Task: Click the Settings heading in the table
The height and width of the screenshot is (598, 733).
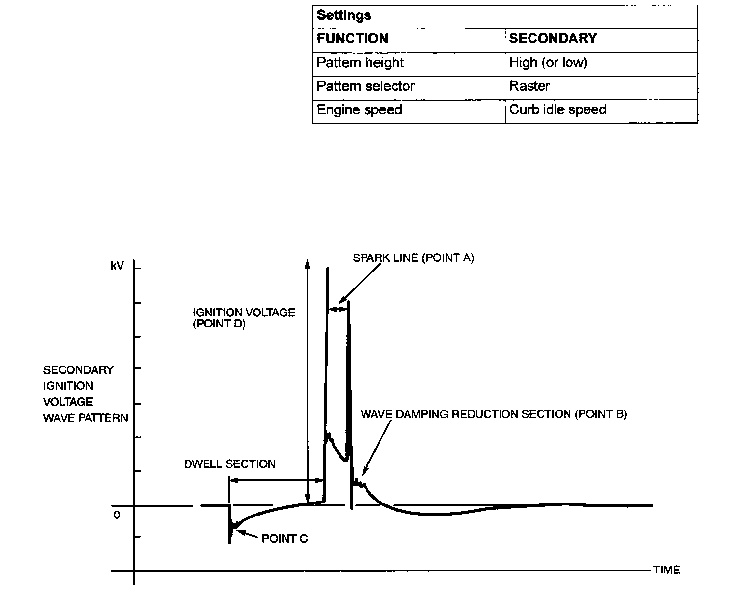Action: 344,15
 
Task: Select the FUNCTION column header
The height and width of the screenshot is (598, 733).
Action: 352,39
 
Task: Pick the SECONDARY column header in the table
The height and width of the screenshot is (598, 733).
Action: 553,39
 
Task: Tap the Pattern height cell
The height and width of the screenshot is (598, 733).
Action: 360,63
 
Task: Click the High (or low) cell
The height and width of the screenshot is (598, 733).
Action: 548,63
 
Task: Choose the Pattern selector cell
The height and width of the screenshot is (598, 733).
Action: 365,86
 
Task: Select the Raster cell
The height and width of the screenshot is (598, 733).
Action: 529,86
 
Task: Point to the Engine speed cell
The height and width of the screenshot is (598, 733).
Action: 359,110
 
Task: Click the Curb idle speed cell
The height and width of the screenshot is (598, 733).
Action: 557,110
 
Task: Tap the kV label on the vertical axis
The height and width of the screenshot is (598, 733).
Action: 117,266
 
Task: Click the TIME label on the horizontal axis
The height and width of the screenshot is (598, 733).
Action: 666,570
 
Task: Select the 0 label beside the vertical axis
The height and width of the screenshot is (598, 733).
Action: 117,515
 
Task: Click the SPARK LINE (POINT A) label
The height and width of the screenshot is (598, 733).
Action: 413,258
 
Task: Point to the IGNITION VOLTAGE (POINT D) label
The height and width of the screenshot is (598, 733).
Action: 244,318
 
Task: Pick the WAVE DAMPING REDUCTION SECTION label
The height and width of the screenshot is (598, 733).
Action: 493,414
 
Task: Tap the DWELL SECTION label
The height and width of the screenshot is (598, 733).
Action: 230,464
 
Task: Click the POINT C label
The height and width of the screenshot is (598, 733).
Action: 285,538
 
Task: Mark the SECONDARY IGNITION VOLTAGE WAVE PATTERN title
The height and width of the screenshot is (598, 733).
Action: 85,394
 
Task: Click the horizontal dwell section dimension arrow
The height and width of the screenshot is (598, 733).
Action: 275,480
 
